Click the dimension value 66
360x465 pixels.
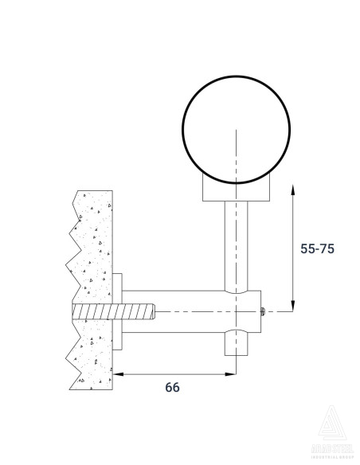click(x=172, y=387)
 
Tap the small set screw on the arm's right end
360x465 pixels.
click(x=264, y=312)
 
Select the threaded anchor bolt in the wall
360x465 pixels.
click(x=112, y=311)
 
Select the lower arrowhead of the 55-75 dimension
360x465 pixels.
click(x=294, y=306)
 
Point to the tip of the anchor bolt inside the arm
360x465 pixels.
click(x=153, y=311)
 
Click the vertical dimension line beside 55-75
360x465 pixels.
click(x=294, y=247)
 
